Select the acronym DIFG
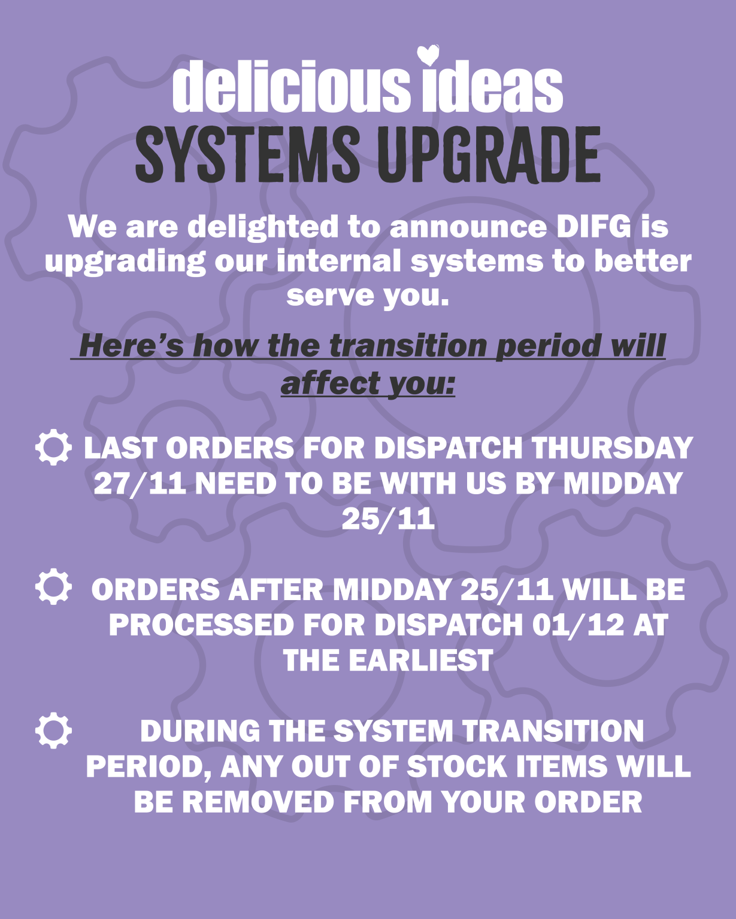tap(593, 227)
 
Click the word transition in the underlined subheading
tap(408, 345)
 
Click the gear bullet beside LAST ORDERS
tap(53, 447)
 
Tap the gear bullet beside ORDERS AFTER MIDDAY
tap(53, 586)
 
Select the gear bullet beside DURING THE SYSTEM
tap(53, 731)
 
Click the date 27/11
tap(140, 483)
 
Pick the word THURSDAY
tap(612, 448)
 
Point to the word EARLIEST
tap(421, 660)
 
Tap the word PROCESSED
tap(202, 625)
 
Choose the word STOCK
tap(457, 766)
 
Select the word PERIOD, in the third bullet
tap(149, 767)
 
